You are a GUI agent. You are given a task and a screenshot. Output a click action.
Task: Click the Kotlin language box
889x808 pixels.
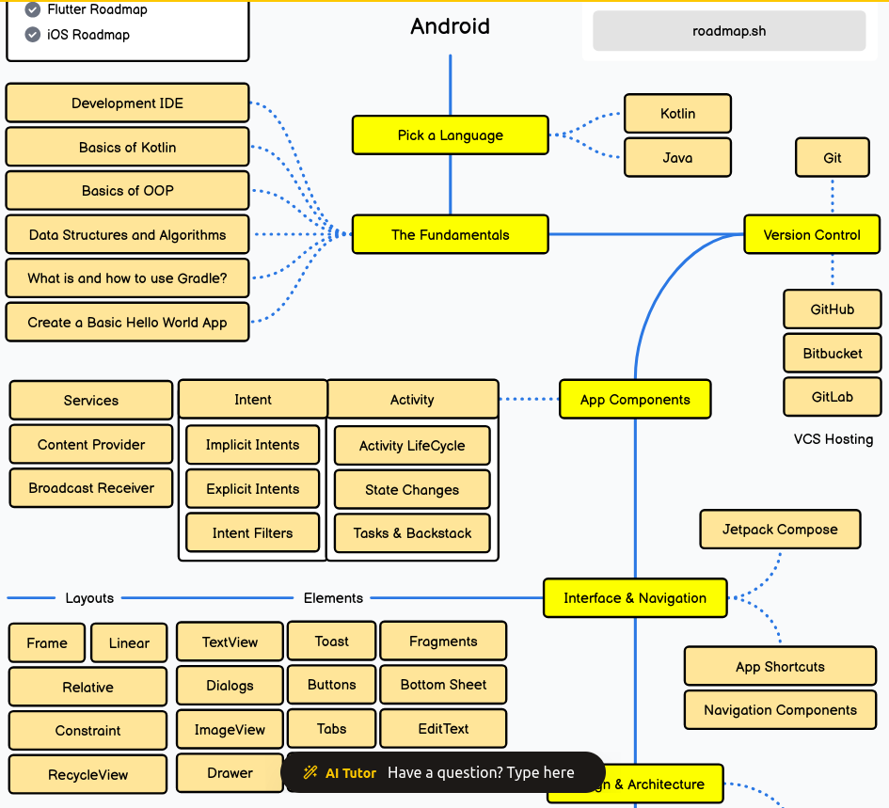point(677,113)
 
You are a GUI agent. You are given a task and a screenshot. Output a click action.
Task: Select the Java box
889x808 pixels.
point(677,158)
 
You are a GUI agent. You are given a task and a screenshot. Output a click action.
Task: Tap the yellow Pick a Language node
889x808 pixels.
point(450,135)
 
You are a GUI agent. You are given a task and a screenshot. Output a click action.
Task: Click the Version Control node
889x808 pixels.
point(812,235)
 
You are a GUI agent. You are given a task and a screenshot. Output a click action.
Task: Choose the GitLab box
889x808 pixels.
point(833,397)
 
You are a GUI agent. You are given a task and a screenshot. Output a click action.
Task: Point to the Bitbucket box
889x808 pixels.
point(833,354)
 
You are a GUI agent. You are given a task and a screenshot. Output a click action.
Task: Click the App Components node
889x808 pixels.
point(635,400)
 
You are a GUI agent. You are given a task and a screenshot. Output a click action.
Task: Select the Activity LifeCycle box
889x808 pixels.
point(412,446)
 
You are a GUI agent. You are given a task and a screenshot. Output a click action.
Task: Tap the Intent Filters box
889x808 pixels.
point(252,533)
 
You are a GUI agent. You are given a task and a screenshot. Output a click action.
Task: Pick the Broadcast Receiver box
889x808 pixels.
point(91,488)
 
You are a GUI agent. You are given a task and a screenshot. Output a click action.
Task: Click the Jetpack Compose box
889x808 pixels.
point(780,530)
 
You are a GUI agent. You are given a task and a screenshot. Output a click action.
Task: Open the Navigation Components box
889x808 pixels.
point(780,710)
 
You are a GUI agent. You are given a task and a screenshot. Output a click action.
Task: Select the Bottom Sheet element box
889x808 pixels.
point(443,685)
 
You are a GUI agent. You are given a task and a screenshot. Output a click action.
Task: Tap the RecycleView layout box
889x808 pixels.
point(87,775)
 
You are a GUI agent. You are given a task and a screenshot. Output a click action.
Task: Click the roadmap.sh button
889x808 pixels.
point(729,31)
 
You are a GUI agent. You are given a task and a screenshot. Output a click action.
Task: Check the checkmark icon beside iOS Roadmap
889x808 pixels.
point(33,35)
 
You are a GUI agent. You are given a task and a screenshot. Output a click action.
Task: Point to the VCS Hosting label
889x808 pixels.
point(833,439)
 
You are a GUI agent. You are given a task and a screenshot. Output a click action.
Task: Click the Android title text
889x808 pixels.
point(450,26)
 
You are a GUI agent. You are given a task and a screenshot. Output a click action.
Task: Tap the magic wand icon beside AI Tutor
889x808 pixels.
point(310,772)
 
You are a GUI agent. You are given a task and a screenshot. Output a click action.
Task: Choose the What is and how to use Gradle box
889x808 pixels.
point(127,278)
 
